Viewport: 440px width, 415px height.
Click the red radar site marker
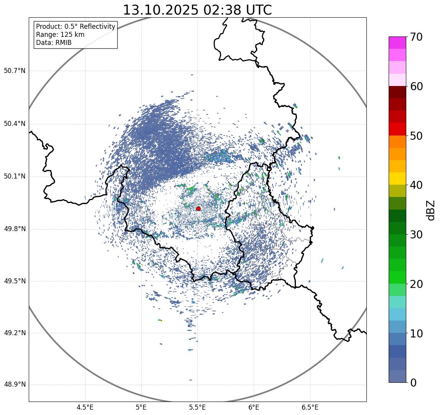click(x=198, y=208)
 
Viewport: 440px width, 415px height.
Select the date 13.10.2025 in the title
click(x=161, y=10)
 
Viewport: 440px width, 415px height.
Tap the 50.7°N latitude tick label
click(x=15, y=71)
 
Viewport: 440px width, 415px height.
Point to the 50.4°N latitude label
click(x=15, y=124)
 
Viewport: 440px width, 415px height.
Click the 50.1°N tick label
click(x=15, y=177)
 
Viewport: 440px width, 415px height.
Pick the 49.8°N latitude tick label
click(x=15, y=229)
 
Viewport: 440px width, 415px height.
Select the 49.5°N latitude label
click(x=15, y=281)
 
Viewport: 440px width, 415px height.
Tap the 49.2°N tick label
click(x=15, y=333)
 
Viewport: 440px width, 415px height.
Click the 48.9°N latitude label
click(x=15, y=385)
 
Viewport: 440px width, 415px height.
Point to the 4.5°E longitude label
click(x=85, y=407)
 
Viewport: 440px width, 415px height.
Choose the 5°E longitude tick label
click(x=141, y=407)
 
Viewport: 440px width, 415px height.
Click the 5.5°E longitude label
click(x=197, y=407)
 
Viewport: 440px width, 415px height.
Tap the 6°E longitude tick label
click(x=254, y=407)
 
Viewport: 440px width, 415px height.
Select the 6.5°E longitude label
click(x=310, y=407)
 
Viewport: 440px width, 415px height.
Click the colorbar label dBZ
click(x=431, y=210)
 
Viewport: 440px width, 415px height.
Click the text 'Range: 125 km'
click(x=60, y=35)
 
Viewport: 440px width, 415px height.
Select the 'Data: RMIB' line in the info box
click(x=54, y=43)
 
